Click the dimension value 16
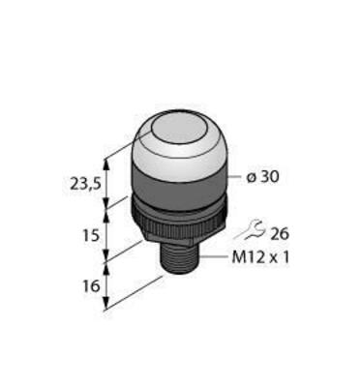[90, 288]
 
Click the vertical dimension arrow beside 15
[105, 235]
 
